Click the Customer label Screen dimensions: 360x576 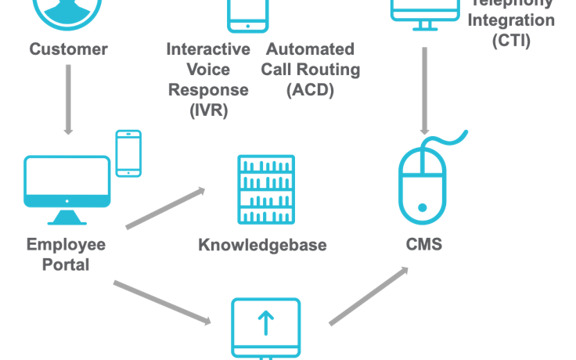pyautogui.click(x=68, y=49)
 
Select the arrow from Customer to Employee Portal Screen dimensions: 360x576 pyautogui.click(x=68, y=99)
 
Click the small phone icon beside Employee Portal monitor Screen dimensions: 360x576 pyautogui.click(x=128, y=153)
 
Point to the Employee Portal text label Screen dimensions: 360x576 pyautogui.click(x=66, y=254)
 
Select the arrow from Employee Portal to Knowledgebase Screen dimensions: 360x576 pyautogui.click(x=165, y=208)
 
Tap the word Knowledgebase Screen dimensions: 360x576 pyautogui.click(x=262, y=245)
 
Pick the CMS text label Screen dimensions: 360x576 pyautogui.click(x=424, y=245)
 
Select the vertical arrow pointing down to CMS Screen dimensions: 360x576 pyautogui.click(x=425, y=90)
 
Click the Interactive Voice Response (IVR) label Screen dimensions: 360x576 pyautogui.click(x=208, y=79)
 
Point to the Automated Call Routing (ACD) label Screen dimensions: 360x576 pyautogui.click(x=310, y=69)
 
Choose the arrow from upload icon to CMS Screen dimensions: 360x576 pyautogui.click(x=369, y=295)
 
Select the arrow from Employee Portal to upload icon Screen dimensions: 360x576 pyautogui.click(x=162, y=302)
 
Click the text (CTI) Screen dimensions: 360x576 pyautogui.click(x=511, y=40)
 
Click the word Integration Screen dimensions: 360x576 pyautogui.click(x=512, y=20)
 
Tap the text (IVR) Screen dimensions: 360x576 pyautogui.click(x=208, y=110)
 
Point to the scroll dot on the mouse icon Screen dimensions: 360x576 pyautogui.click(x=423, y=208)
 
